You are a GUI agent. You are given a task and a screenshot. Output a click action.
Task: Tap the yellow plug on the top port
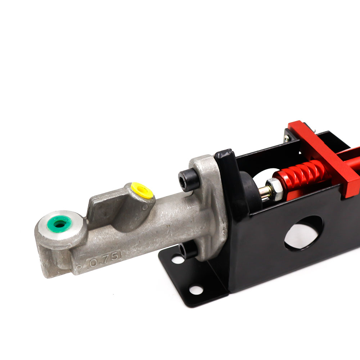(x=141, y=190)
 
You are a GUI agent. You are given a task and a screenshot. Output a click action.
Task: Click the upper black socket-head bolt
(x=189, y=180)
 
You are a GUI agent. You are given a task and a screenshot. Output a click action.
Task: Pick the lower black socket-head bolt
(x=188, y=249)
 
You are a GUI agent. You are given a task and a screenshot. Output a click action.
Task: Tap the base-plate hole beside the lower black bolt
(x=177, y=259)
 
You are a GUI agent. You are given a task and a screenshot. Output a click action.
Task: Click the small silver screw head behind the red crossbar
(x=287, y=138)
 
